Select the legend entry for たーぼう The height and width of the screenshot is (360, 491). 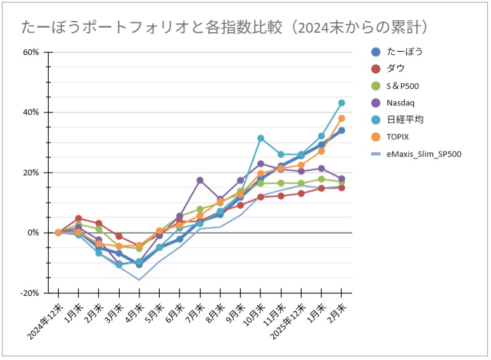(404, 52)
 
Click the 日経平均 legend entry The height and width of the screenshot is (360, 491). (404, 120)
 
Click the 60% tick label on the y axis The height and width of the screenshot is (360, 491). (31, 52)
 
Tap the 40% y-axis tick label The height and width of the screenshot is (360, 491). (31, 112)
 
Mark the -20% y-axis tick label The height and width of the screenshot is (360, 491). (30, 293)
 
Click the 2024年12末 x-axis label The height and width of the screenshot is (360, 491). (46, 319)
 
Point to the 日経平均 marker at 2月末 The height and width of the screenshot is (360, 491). (341, 103)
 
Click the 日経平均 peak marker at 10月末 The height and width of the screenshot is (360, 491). (260, 138)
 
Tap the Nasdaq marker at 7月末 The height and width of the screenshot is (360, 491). (200, 180)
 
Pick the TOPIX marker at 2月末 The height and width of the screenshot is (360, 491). (341, 118)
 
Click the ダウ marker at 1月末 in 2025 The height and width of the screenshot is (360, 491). (78, 218)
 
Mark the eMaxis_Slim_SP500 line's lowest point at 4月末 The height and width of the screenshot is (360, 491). (139, 280)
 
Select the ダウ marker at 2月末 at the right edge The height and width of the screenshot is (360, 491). (341, 187)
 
